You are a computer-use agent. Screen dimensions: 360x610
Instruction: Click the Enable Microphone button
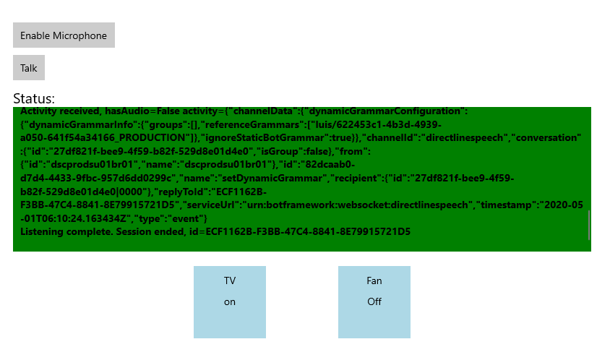(64, 35)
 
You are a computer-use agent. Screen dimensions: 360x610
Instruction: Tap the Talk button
(29, 68)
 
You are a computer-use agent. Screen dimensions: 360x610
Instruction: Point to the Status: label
(34, 98)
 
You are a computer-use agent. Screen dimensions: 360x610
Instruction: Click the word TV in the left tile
(230, 280)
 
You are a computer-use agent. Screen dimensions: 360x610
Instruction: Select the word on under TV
(230, 302)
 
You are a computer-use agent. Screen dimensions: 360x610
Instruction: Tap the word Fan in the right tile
(374, 280)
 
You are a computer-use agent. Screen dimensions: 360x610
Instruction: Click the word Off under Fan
(374, 302)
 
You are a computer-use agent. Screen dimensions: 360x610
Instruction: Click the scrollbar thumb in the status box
(588, 225)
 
